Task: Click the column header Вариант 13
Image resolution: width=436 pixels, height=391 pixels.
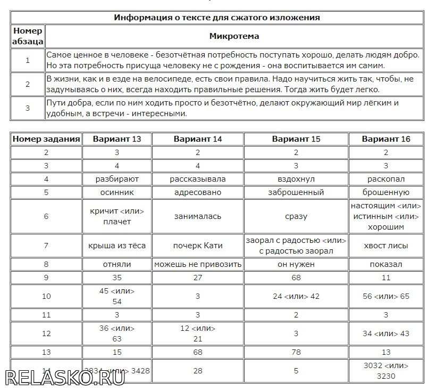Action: [117, 139]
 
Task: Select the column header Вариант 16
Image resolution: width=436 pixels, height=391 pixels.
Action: [386, 139]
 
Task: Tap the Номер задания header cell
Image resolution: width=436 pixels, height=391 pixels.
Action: [46, 139]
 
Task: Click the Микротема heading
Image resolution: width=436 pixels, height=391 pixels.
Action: [234, 36]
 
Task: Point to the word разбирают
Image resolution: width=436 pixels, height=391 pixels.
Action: [117, 179]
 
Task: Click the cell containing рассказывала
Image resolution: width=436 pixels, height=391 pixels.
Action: [198, 179]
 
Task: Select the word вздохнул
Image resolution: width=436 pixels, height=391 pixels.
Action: [296, 179]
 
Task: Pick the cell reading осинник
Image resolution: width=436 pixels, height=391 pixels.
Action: [117, 192]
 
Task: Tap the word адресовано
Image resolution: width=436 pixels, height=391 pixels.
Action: [198, 192]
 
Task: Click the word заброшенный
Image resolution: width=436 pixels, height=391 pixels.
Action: [296, 192]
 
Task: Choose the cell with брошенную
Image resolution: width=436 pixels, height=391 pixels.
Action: [386, 192]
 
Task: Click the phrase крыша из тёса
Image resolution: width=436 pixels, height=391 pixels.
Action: [117, 246]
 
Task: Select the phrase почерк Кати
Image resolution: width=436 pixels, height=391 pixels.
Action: [198, 246]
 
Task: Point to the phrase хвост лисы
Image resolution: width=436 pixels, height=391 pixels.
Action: [386, 246]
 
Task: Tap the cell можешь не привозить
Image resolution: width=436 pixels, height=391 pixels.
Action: [198, 264]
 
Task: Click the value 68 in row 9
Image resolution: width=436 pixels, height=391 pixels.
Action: [296, 278]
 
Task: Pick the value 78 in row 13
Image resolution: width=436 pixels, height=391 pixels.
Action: [296, 352]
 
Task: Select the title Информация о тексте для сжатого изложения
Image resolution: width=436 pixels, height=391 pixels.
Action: [217, 18]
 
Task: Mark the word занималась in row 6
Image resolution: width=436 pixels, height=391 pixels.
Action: [198, 216]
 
